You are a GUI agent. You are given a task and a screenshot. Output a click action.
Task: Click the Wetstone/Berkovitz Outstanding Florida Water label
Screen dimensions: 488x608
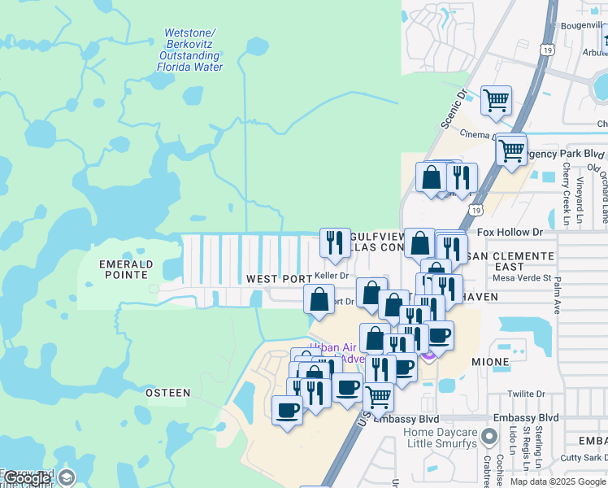point(189,50)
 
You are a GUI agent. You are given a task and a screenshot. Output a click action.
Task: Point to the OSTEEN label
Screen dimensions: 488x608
point(167,393)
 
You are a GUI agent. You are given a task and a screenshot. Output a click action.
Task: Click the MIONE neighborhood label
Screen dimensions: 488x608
point(491,361)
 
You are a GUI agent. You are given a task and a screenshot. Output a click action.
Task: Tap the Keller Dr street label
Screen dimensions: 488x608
point(331,276)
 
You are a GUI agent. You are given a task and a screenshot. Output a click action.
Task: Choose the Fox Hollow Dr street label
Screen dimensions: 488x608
point(510,232)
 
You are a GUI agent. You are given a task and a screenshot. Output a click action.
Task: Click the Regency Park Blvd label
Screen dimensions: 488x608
point(566,154)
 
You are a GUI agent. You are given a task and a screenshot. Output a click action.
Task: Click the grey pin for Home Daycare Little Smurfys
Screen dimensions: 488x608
point(489,438)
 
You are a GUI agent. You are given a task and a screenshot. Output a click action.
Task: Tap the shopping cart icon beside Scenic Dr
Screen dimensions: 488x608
point(496,101)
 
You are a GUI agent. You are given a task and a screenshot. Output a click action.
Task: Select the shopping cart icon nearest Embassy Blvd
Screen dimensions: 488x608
point(378,396)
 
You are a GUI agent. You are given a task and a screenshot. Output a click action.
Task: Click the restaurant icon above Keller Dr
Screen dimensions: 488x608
point(334,242)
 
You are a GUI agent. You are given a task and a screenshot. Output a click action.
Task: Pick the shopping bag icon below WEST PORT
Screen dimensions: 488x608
point(319,298)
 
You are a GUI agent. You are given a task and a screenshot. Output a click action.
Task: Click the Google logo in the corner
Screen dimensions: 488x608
point(28,478)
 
